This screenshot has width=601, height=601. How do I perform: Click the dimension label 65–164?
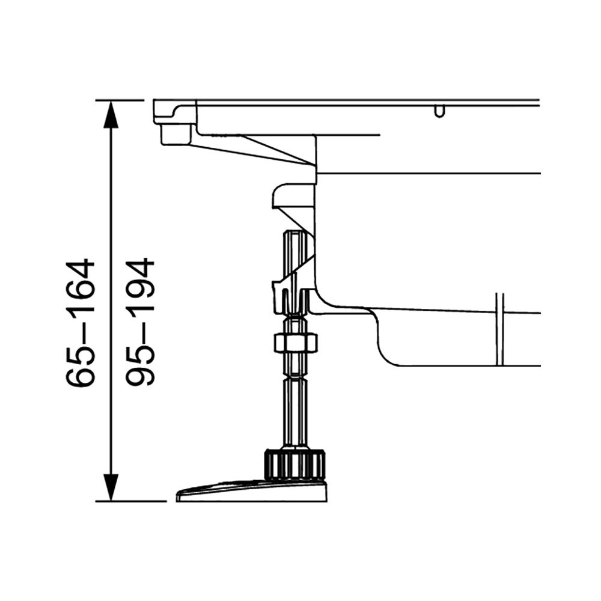[x=80, y=323]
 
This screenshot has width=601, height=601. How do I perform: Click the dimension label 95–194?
[x=140, y=323]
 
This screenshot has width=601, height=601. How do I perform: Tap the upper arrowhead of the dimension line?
[x=111, y=114]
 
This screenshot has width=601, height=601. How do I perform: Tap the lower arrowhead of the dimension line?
[x=111, y=487]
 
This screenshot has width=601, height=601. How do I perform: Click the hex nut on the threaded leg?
[x=295, y=342]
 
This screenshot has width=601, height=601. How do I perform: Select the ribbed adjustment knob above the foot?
[x=294, y=465]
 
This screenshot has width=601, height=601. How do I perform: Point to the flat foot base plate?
[x=252, y=490]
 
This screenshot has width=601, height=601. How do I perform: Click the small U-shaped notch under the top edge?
[x=440, y=111]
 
